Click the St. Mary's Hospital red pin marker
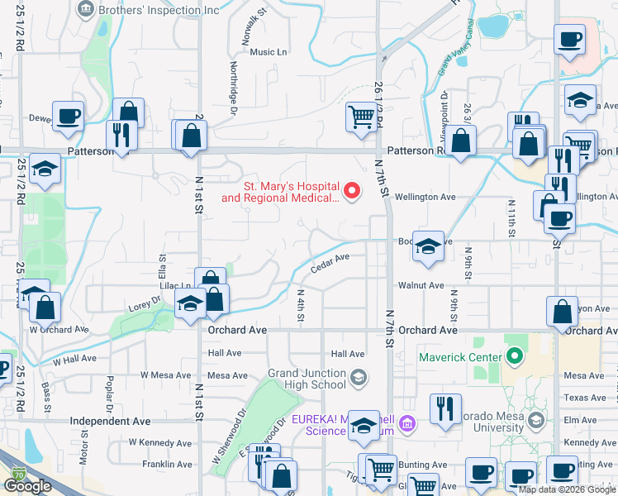pyautogui.click(x=353, y=191)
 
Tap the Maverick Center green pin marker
pyautogui.click(x=516, y=357)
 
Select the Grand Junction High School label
pyautogui.click(x=307, y=379)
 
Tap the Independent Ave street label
pyautogui.click(x=110, y=421)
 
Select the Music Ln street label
pyautogui.click(x=268, y=52)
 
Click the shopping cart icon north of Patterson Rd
pyautogui.click(x=361, y=117)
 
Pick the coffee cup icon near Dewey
pyautogui.click(x=68, y=116)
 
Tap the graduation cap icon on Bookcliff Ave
pyautogui.click(x=428, y=246)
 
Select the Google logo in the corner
pyautogui.click(x=29, y=486)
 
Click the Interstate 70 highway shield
pyautogui.click(x=18, y=475)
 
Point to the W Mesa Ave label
pyautogui.click(x=165, y=375)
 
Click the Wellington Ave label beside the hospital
pyautogui.click(x=425, y=198)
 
